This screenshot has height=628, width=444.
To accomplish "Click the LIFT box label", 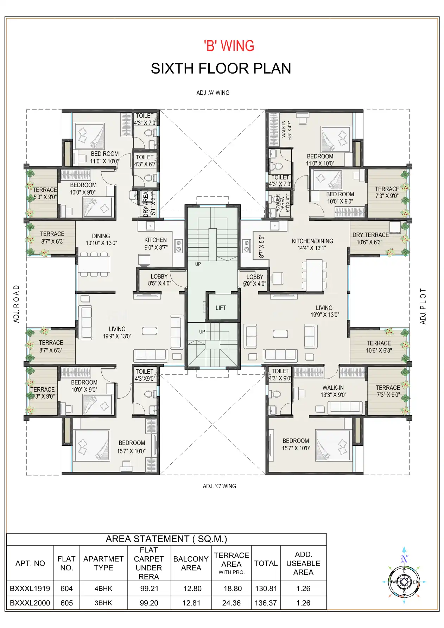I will click(x=221, y=308).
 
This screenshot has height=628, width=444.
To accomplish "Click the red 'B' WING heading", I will click(x=229, y=46).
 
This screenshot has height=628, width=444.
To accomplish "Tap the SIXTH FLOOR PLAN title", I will click(x=221, y=69).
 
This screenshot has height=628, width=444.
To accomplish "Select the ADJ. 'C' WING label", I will click(x=219, y=486).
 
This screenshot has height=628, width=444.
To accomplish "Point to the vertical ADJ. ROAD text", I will click(x=17, y=304).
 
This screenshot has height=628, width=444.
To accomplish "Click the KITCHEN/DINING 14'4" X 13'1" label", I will click(x=312, y=245).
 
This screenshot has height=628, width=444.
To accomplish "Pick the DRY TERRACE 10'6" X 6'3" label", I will click(x=370, y=239).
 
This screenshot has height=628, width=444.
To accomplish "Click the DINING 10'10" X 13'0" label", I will click(x=101, y=240).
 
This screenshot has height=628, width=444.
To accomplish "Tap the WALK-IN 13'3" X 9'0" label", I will click(x=333, y=391).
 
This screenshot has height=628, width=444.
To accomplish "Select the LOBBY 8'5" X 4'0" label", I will click(x=159, y=280).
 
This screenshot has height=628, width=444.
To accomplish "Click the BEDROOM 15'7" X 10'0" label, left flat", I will click(x=132, y=447).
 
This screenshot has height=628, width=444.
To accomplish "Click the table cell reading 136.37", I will click(x=266, y=603).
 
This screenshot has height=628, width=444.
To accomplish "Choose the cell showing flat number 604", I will click(x=66, y=588).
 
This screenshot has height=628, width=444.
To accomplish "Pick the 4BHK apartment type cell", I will click(x=103, y=588).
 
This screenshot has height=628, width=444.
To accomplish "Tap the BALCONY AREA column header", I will click(x=191, y=563).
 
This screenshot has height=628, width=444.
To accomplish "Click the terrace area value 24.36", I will click(x=231, y=603).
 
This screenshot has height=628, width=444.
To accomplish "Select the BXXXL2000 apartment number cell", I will click(x=30, y=603).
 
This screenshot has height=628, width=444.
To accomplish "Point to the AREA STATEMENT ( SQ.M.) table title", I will click(x=166, y=539).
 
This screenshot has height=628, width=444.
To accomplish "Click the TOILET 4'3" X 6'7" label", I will click(x=145, y=160).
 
